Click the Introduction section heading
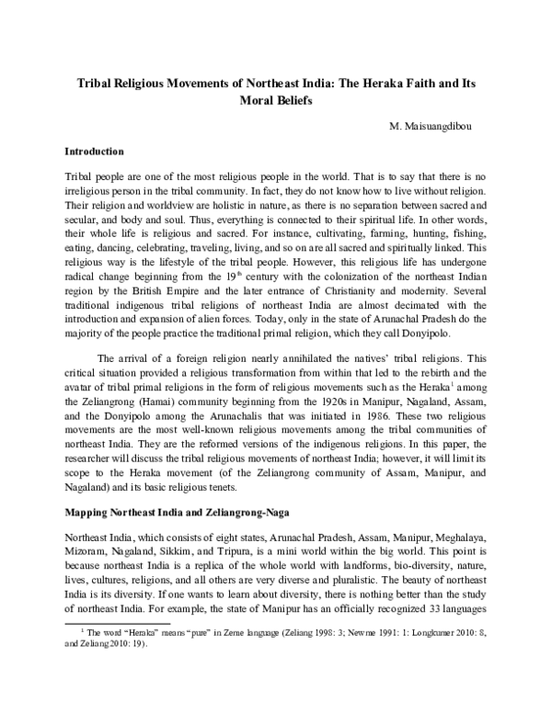[x=96, y=149]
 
